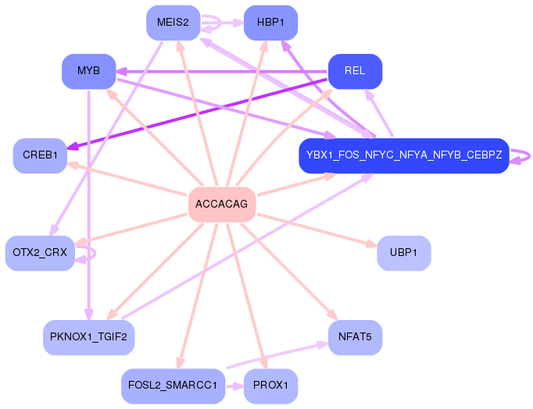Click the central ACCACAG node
coord(222,204)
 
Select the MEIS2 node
coord(173,23)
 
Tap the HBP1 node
coord(270,23)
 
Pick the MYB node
coord(88,72)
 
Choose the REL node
coord(355,71)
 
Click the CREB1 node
coord(40,155)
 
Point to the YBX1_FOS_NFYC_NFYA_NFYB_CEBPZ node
coord(404,156)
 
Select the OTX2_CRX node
coord(40,253)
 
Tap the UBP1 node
coord(403,253)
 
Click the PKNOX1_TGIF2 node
coord(89,337)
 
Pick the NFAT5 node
coord(355,337)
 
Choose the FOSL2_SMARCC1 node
coord(173,386)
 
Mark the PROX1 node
coord(270,386)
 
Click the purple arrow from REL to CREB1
coord(195,111)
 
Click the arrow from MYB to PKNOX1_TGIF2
coord(89,203)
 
